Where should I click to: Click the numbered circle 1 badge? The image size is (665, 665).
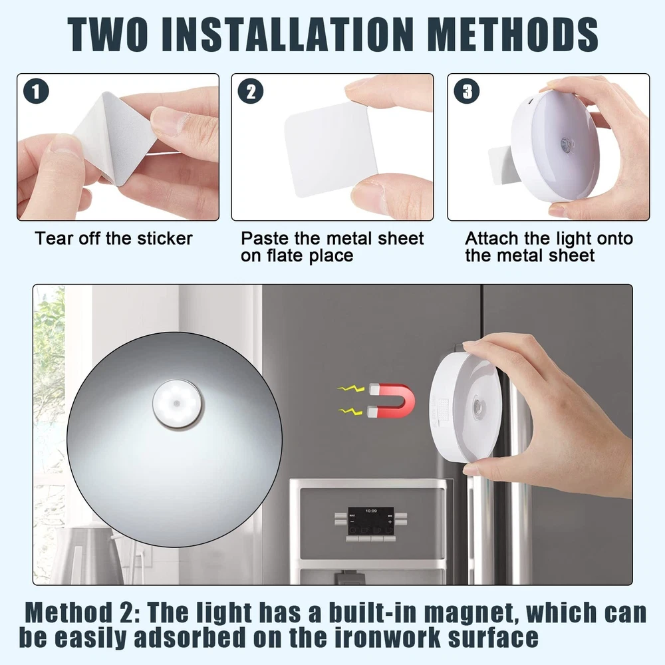pos(36,91)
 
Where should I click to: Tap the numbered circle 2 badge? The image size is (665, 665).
pos(251,91)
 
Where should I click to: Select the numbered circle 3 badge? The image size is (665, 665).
pos(467,91)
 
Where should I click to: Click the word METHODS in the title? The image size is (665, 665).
pos(513,35)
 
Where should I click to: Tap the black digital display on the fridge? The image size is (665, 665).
pos(370,521)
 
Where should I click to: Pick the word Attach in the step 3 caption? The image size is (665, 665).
pos(492,239)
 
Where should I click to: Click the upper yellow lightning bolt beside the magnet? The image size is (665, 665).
pos(350,388)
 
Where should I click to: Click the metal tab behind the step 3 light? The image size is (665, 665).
pos(501,166)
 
